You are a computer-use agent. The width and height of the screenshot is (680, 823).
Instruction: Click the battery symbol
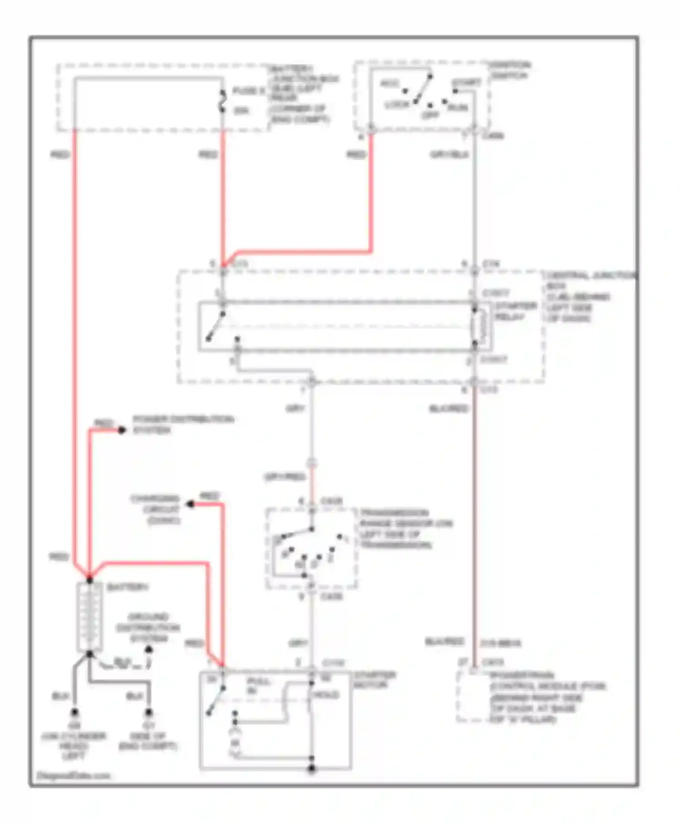[90, 617]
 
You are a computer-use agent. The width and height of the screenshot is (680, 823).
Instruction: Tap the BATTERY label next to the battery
[127, 587]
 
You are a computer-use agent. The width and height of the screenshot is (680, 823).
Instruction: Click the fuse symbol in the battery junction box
[223, 101]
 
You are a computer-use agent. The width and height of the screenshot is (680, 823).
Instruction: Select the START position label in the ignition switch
[466, 83]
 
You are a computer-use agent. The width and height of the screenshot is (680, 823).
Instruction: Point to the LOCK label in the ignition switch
[397, 105]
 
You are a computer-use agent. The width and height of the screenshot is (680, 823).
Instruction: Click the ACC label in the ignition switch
[389, 84]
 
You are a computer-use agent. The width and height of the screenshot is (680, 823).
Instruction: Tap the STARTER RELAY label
[515, 311]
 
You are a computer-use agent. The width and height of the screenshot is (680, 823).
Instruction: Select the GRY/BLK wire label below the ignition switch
[449, 155]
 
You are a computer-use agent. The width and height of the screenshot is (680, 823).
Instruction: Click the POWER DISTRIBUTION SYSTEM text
[183, 424]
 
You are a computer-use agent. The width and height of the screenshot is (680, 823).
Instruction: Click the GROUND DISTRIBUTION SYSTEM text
[148, 627]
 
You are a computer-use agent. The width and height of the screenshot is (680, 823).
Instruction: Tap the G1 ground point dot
[148, 713]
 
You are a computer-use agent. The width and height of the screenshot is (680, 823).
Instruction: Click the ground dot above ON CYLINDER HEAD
[74, 713]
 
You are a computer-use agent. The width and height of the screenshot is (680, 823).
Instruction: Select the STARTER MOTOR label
[374, 680]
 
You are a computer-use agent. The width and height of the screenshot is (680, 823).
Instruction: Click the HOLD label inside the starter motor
[326, 695]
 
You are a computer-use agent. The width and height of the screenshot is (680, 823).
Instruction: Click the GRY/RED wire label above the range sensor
[285, 477]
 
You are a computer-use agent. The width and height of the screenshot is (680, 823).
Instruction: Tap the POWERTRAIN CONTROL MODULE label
[546, 697]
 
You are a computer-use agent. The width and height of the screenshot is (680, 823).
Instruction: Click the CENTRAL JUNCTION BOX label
[589, 297]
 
